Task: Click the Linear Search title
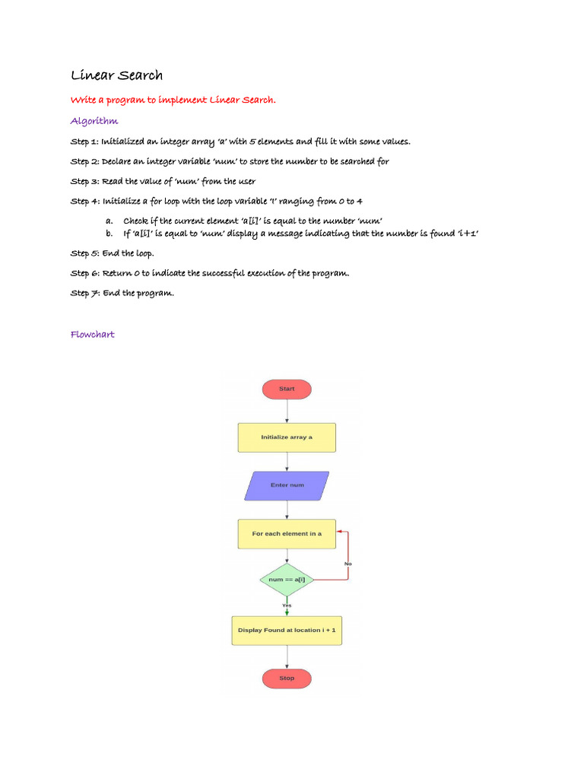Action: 116,75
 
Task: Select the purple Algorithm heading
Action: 94,121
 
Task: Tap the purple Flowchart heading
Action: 93,334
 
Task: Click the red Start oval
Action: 287,389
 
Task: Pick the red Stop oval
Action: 287,678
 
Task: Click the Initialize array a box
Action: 287,437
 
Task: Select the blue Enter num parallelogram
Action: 287,485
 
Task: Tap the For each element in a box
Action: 287,533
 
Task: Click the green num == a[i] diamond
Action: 287,580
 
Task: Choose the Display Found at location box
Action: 287,630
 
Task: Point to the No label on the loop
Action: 348,564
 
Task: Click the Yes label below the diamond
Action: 287,605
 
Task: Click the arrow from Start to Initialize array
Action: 287,411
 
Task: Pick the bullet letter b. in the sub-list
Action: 109,233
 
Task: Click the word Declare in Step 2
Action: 121,161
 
